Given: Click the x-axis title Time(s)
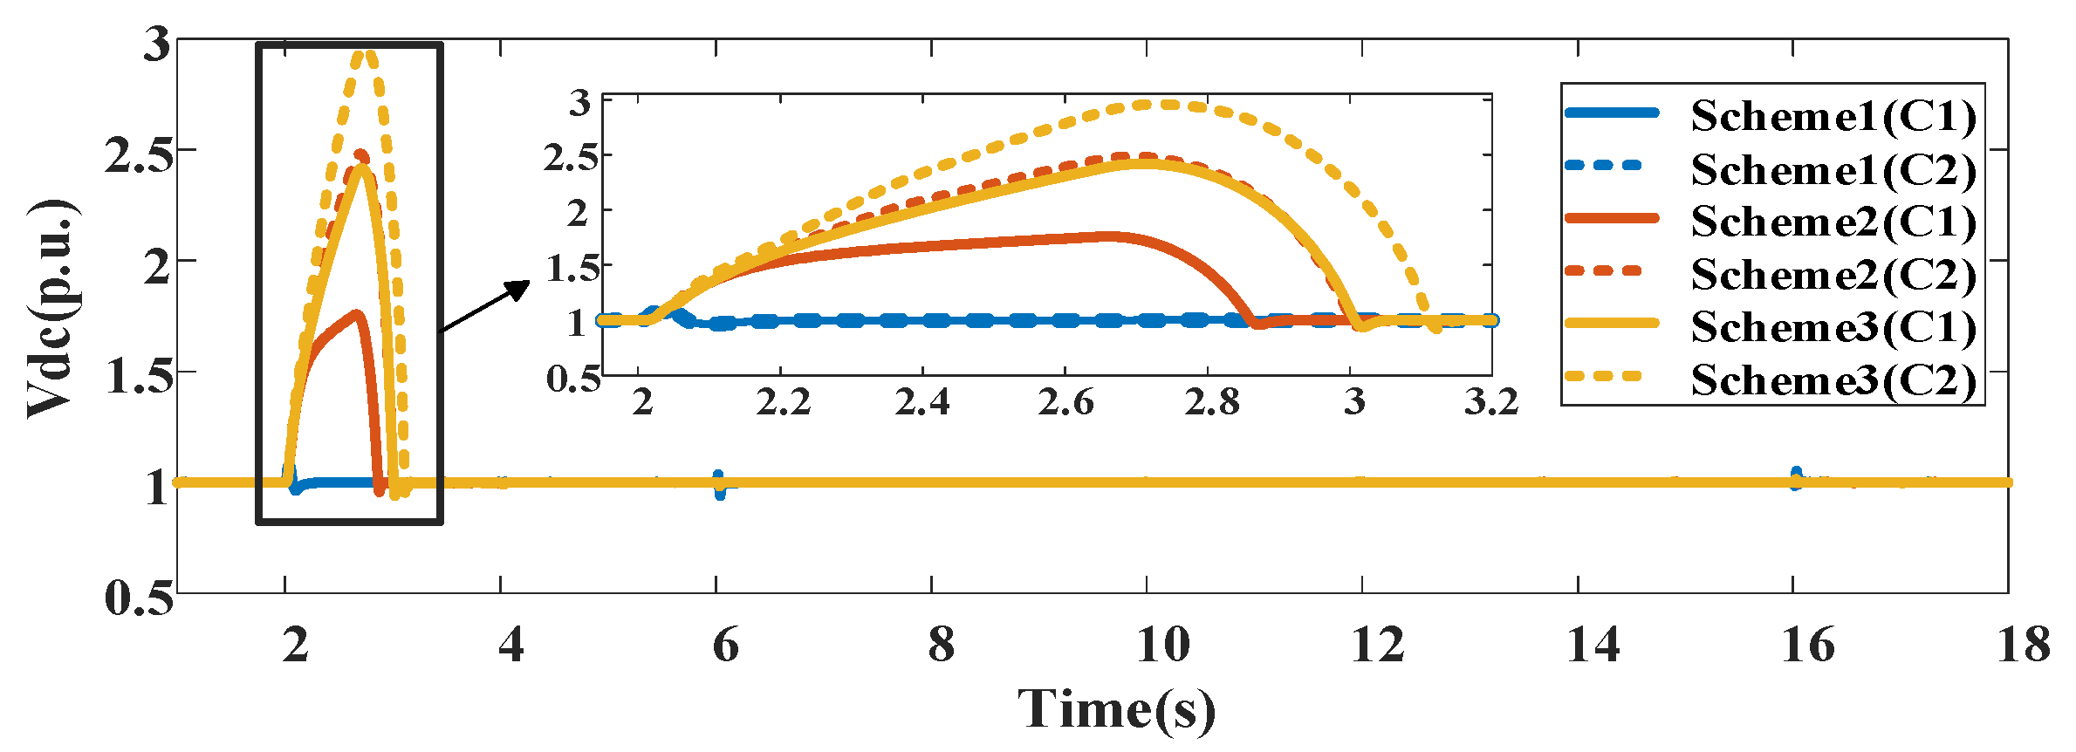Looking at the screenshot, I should (1116, 708).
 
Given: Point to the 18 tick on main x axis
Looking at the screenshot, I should (2023, 646).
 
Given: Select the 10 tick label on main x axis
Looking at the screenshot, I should (1162, 646).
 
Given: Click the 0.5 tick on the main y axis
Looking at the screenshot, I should (138, 598).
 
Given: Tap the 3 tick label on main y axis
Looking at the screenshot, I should (157, 44).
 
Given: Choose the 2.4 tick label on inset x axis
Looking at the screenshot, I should (922, 402).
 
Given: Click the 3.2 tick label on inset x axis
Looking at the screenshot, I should (1491, 402).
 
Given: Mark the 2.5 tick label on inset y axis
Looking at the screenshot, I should (572, 158).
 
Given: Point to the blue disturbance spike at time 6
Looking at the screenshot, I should (718, 483).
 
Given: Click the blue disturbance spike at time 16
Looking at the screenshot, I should (1795, 477).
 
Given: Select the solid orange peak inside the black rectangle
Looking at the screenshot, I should (356, 314).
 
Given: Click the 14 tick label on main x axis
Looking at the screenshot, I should (1593, 646).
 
